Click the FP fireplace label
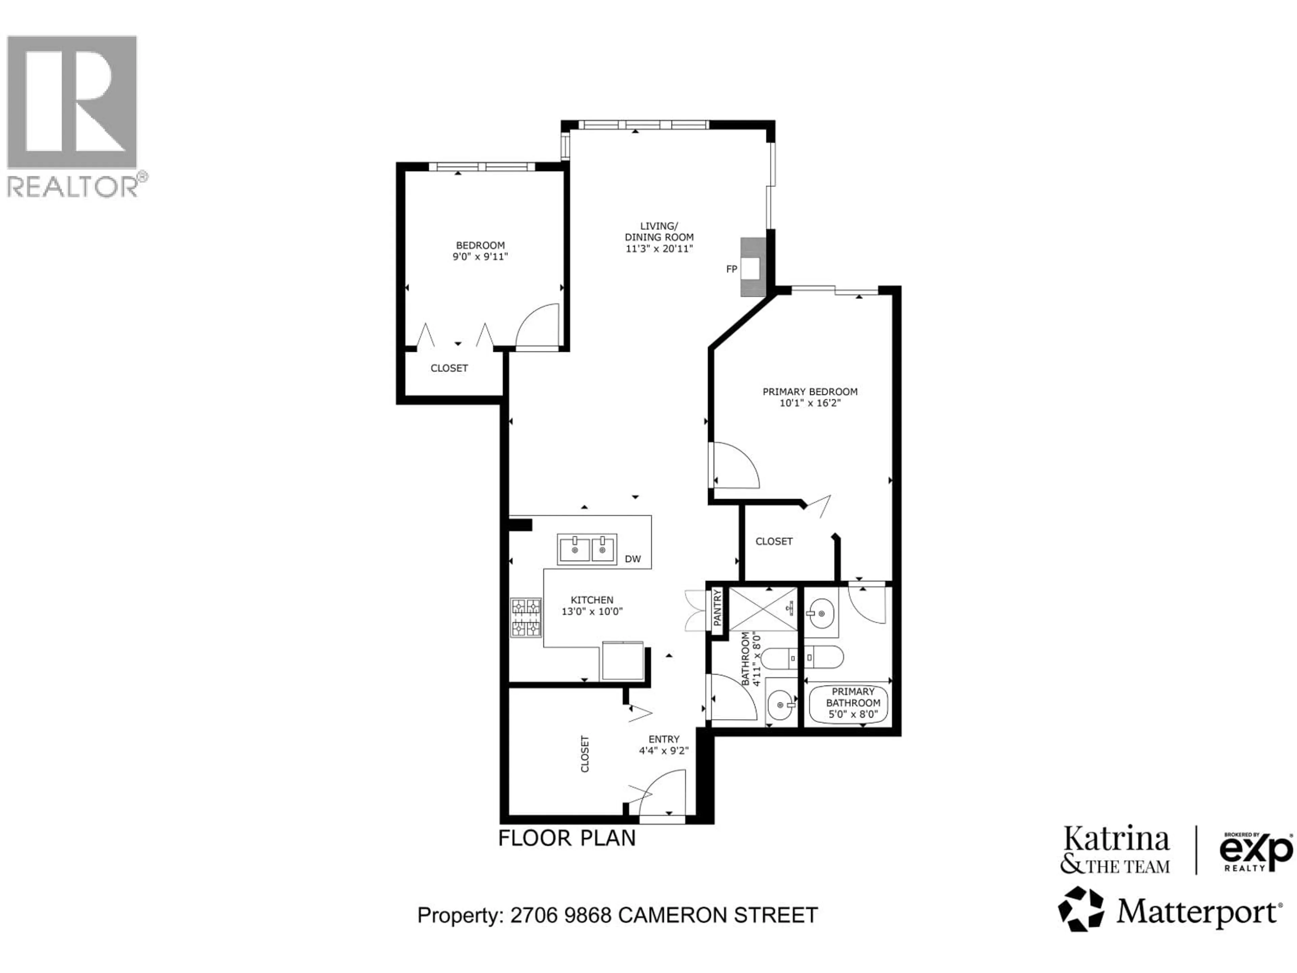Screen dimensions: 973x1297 (x=731, y=269)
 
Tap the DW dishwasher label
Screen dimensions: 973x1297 (x=633, y=559)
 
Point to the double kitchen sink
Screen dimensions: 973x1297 (x=586, y=550)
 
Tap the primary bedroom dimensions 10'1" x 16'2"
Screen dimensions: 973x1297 (x=810, y=403)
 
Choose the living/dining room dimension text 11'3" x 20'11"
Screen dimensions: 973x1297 (x=659, y=249)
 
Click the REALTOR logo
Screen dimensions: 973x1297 (x=73, y=116)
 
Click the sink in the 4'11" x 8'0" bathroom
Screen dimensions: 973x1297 (x=781, y=705)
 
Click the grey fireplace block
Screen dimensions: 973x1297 (x=753, y=267)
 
